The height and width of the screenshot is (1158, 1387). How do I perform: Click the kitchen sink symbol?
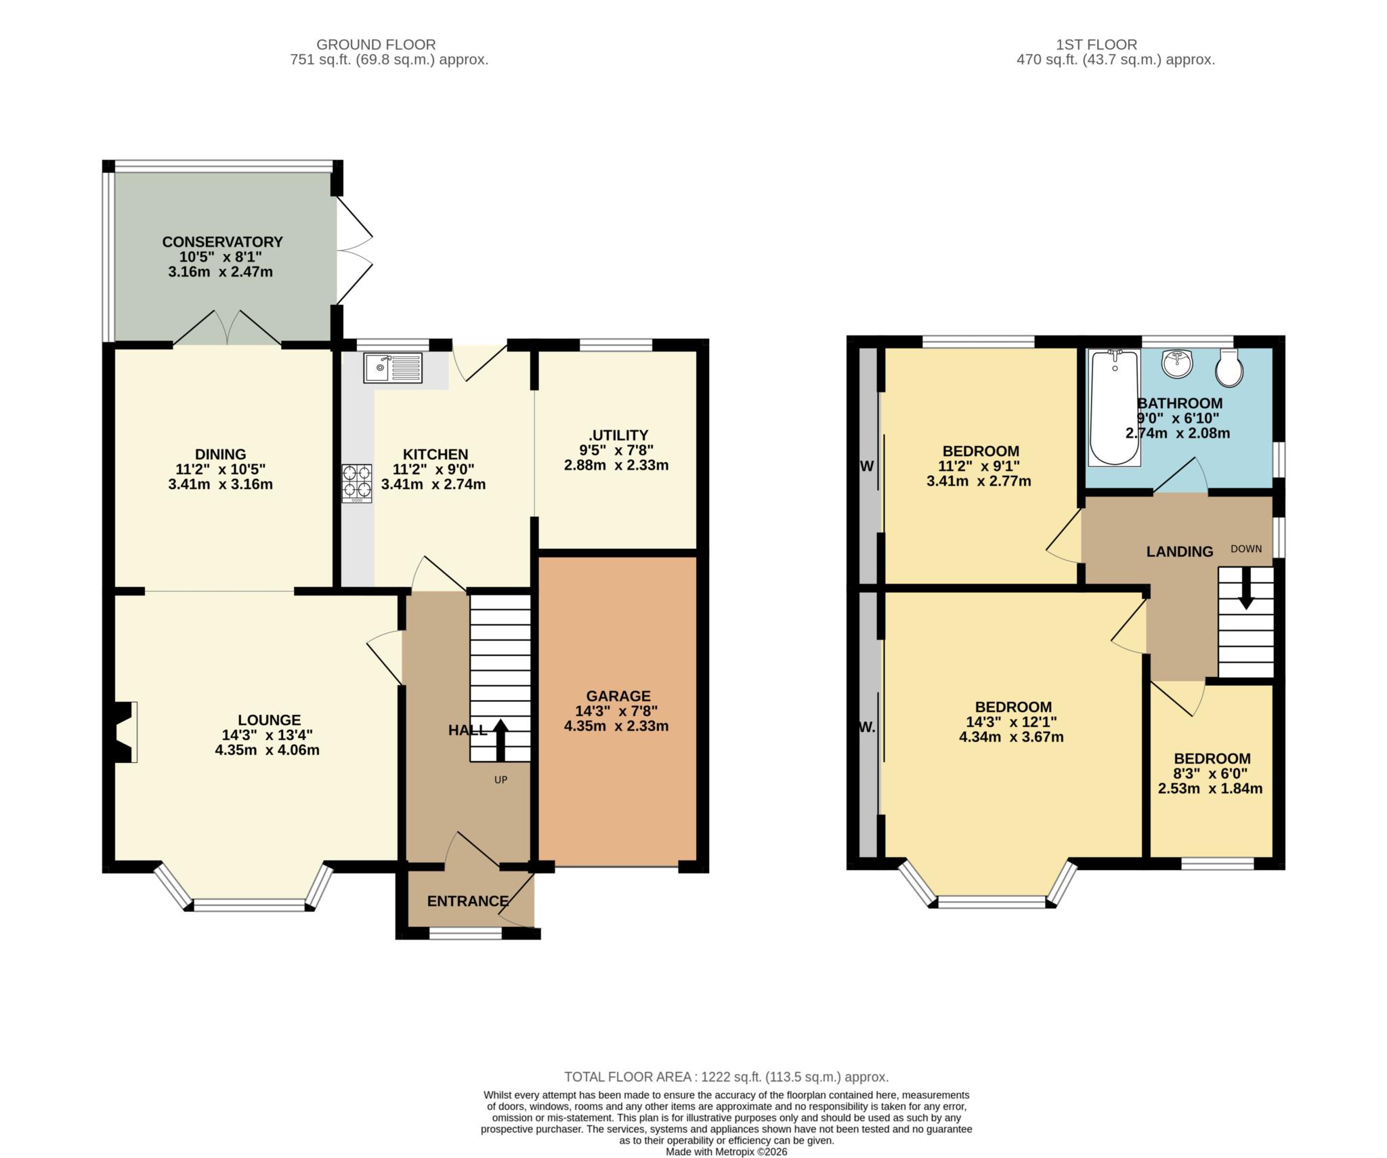pos(393,367)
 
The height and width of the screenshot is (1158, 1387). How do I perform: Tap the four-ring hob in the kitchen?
pos(357,482)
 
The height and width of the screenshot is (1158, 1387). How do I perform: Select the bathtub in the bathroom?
pos(1114,408)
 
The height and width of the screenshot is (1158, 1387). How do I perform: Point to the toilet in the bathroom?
pos(1229,368)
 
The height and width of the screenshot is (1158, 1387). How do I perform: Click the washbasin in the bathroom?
pos(1177,365)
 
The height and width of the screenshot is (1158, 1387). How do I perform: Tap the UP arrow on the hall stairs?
pos(500,740)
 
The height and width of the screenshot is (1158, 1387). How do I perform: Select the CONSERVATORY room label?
pos(222,242)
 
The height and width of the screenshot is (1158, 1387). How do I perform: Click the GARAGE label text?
pos(618,696)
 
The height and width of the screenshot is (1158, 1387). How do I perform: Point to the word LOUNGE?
pos(269,720)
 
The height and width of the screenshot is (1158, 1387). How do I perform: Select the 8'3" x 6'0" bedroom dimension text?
pos(1211,773)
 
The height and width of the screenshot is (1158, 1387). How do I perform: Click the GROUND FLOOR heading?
pos(376,45)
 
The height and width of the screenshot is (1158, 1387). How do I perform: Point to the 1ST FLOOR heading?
pos(1096,45)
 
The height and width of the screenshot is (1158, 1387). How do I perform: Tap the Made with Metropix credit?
pos(726,1151)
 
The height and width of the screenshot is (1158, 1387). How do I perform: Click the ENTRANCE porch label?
pos(467,901)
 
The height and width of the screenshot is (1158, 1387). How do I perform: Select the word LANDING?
pos(1179,552)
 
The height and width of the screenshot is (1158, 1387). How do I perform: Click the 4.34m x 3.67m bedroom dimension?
pos(1011,737)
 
